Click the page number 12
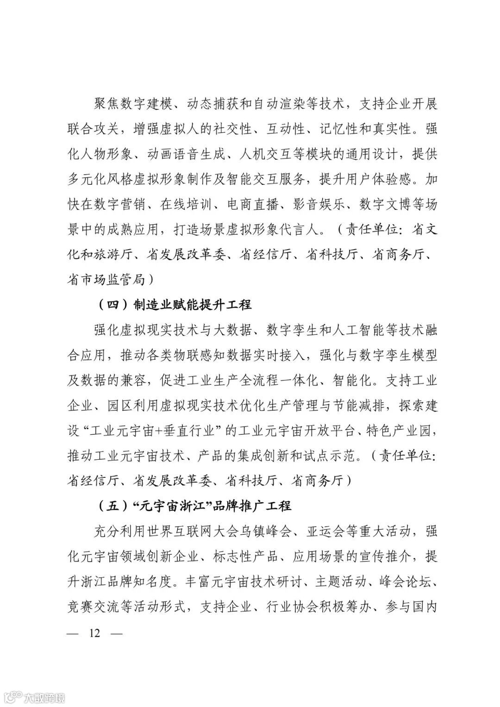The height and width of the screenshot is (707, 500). [95, 633]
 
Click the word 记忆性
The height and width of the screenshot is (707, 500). [332, 129]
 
